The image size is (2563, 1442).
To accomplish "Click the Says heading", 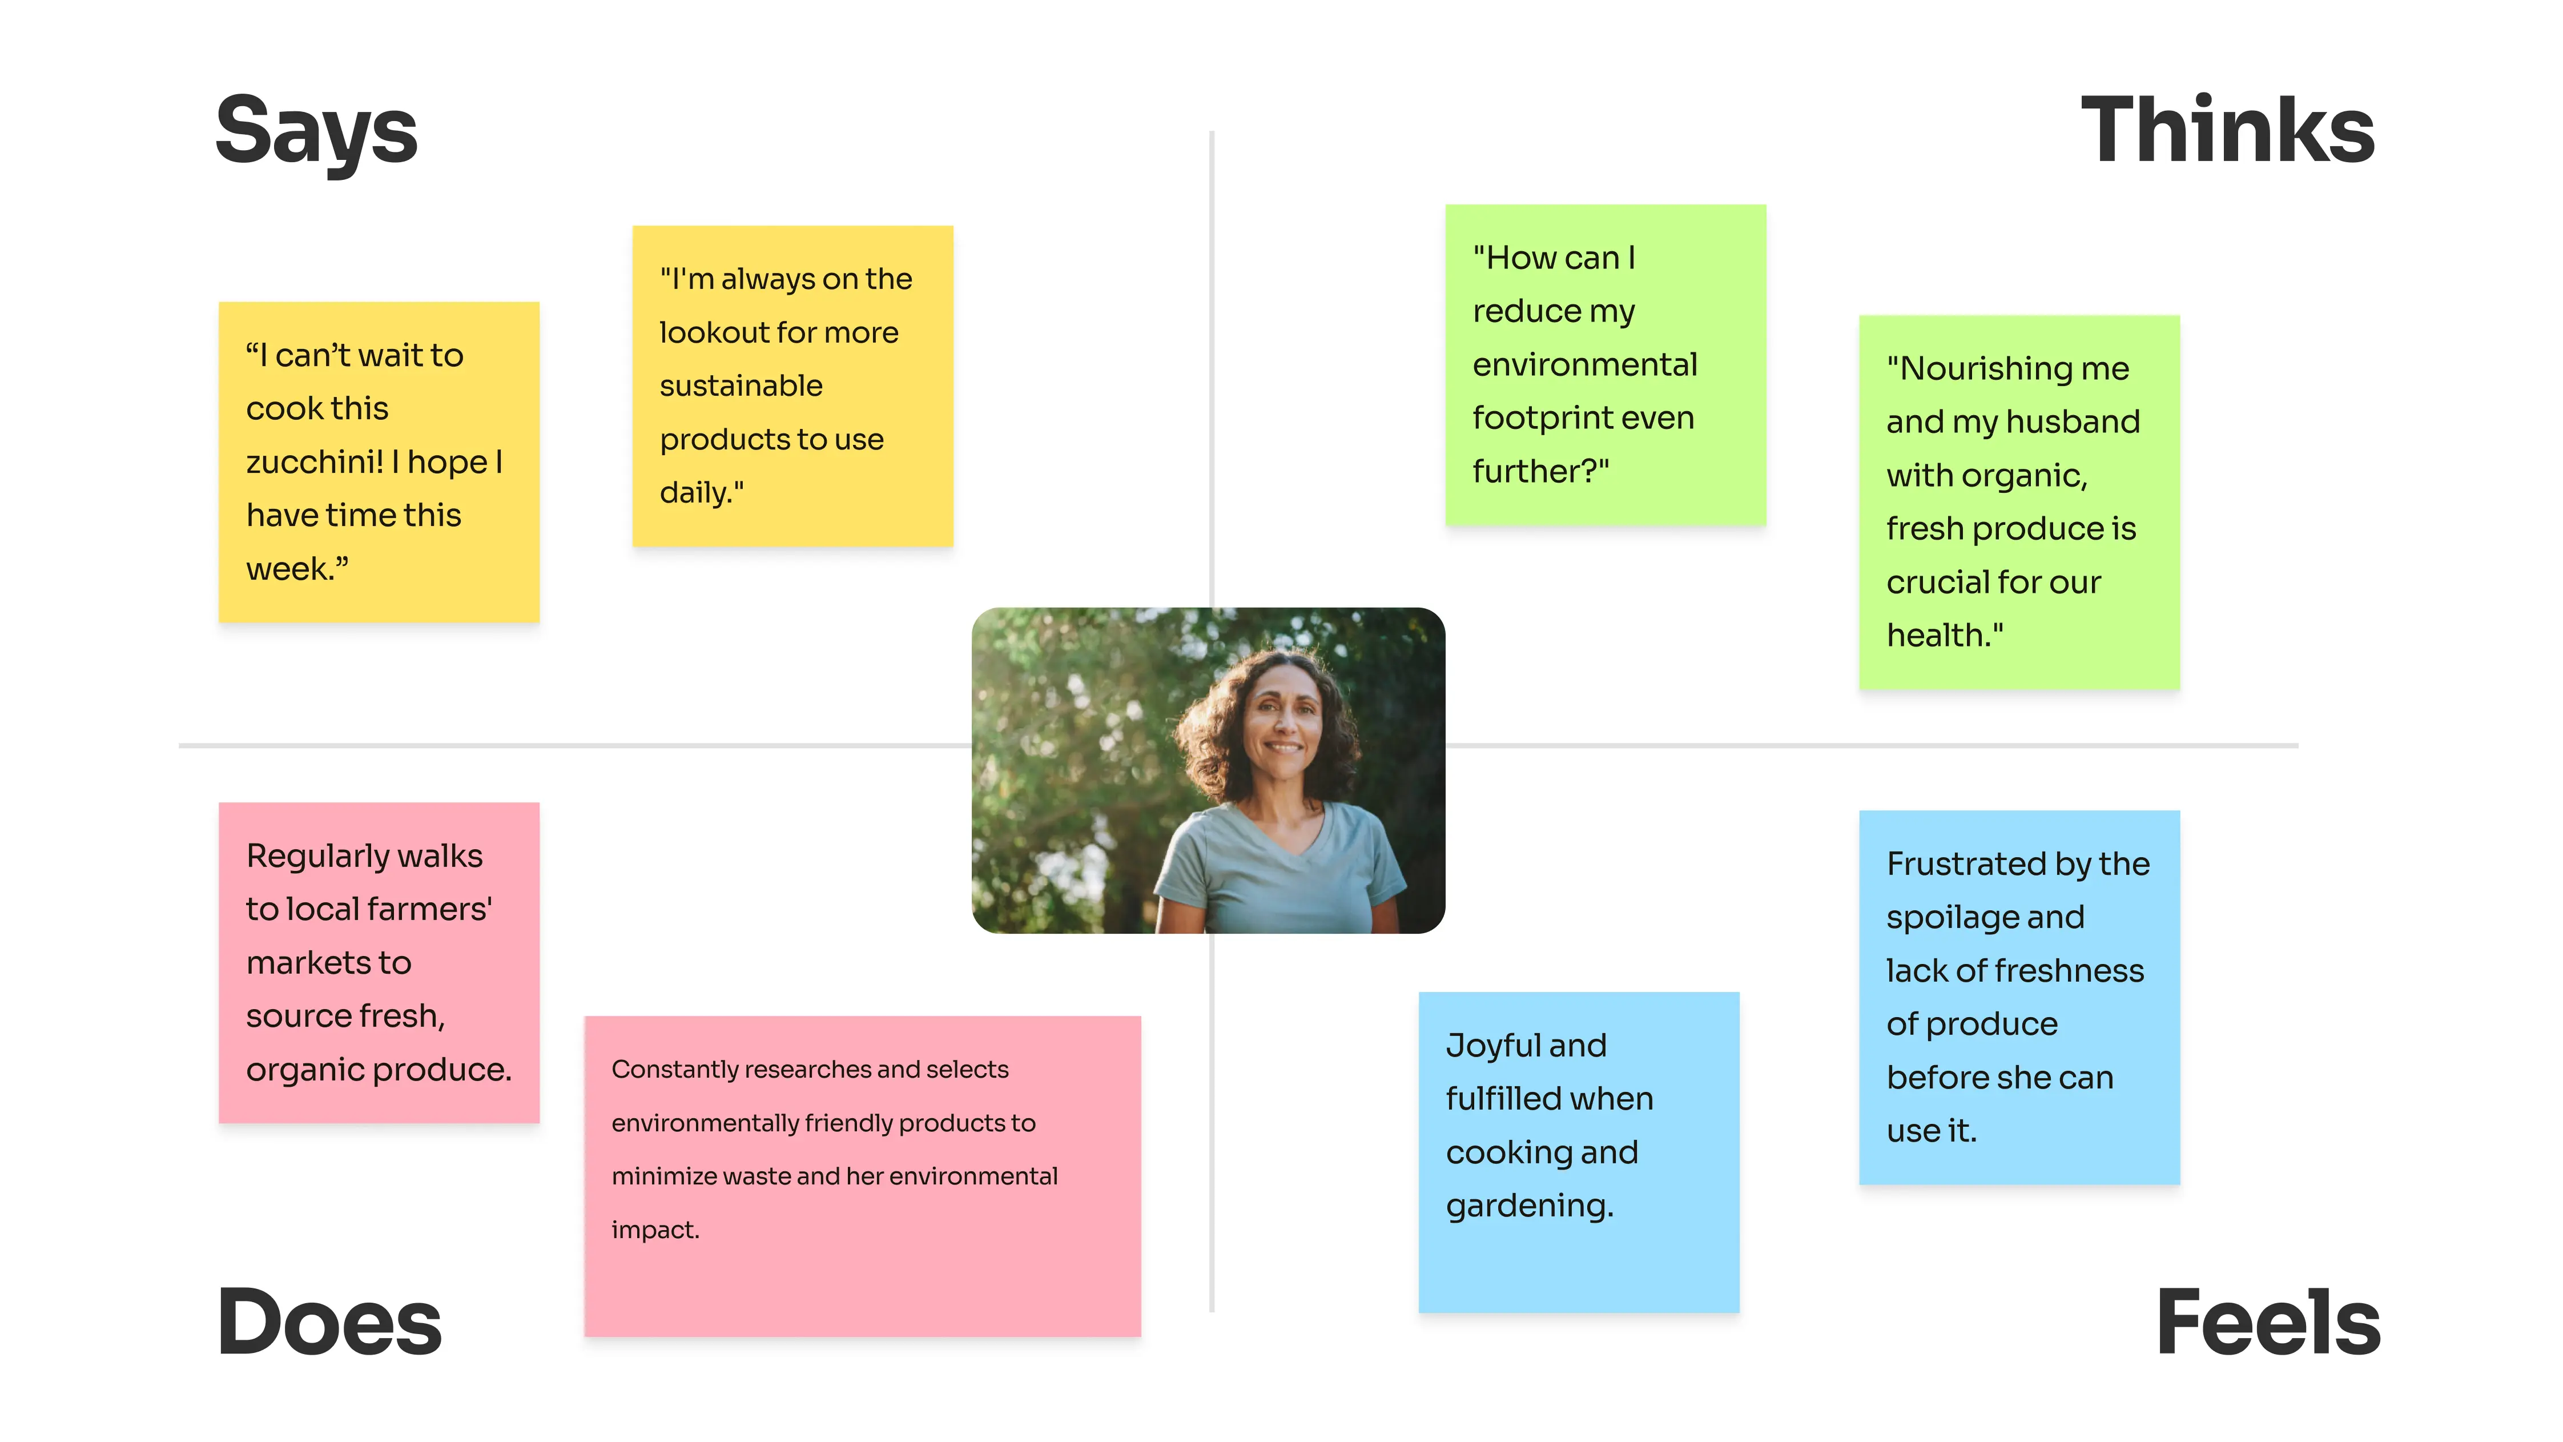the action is tap(316, 132).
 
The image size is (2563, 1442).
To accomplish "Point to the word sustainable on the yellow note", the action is tap(741, 386).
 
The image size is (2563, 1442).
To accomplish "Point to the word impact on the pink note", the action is tap(654, 1230).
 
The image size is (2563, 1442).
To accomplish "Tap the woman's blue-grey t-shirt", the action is tap(1278, 875).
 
